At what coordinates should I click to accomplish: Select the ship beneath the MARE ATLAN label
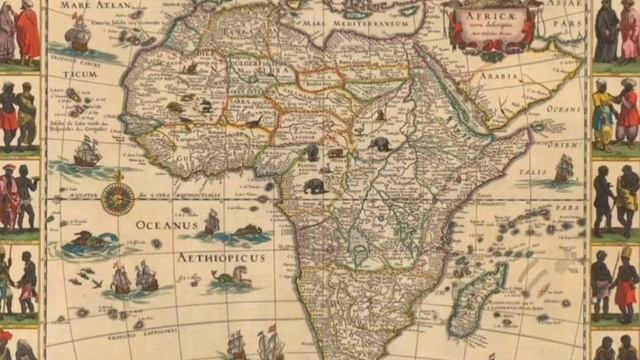[77, 34]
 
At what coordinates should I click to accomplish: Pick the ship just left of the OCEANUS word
[88, 152]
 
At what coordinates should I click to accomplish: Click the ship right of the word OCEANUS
[211, 222]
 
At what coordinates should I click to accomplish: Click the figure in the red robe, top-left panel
[28, 30]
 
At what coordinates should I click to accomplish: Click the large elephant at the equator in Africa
[314, 186]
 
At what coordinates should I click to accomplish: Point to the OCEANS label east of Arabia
[564, 108]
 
